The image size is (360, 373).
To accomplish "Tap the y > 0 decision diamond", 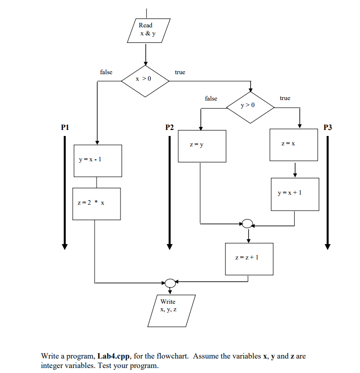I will tap(249, 106).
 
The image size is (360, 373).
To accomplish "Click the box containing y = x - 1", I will tap(98, 160).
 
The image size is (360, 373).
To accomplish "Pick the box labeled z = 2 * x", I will tap(96, 204).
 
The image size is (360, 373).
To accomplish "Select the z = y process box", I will tap(202, 145).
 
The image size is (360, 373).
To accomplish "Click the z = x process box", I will tap(294, 144).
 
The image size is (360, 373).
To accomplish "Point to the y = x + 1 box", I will tap(295, 194).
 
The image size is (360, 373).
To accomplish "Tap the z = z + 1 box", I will tap(249, 258).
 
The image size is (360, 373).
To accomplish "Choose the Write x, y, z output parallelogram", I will tap(170, 310).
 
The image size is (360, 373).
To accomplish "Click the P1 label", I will tap(65, 127).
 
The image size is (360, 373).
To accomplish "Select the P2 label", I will tap(170, 127).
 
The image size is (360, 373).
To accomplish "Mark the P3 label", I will tap(327, 127).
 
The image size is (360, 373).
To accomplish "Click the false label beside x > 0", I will tap(106, 72).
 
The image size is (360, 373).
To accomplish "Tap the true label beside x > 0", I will tap(180, 72).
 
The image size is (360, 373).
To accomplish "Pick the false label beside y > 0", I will tap(211, 99).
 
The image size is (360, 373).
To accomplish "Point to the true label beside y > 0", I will tap(285, 98).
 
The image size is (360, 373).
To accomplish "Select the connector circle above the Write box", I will tap(170, 283).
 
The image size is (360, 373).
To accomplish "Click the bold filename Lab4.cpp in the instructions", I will tap(114, 356).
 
